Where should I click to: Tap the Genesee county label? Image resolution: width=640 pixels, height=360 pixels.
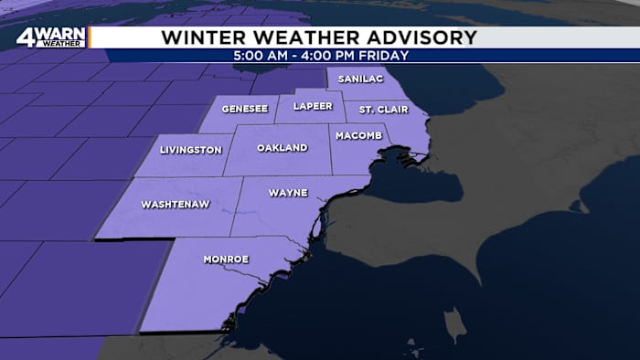click(x=244, y=109)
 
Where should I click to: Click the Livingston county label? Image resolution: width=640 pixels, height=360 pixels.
click(x=190, y=150)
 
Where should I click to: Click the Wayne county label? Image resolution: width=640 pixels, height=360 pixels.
click(x=288, y=193)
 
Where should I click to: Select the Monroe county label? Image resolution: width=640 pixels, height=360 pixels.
click(x=225, y=259)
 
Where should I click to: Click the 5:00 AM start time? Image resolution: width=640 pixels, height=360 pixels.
click(x=260, y=55)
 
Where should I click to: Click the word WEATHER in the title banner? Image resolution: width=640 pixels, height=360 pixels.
click(x=298, y=37)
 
